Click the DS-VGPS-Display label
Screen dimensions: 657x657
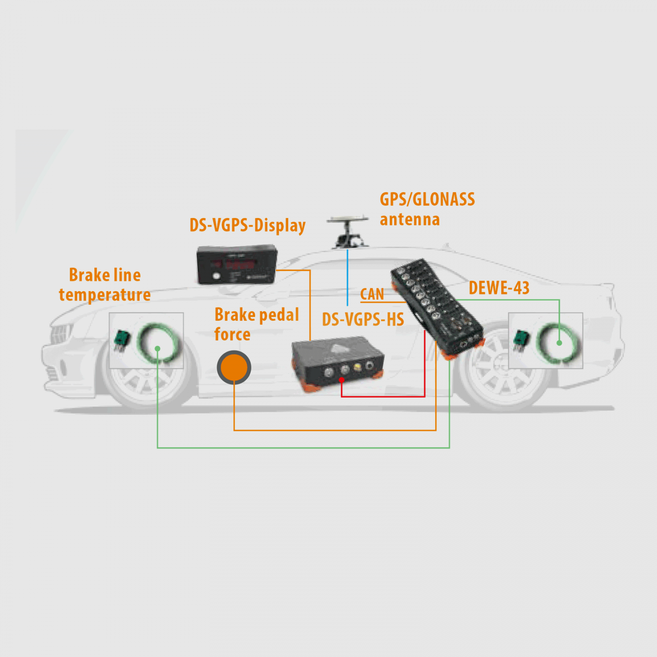(x=248, y=225)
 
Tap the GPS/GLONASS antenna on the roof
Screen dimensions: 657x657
(x=347, y=231)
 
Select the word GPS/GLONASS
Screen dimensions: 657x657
(x=427, y=199)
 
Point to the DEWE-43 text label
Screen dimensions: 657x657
(x=499, y=288)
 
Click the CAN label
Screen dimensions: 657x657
(x=372, y=294)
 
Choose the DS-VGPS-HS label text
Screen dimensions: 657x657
(x=363, y=319)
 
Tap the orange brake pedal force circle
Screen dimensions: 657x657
(x=234, y=367)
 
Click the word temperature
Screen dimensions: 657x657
(x=104, y=295)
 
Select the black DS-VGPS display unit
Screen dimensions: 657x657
(x=237, y=264)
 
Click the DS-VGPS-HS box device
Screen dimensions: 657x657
(x=338, y=364)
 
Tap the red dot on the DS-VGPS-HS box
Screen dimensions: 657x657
(x=341, y=380)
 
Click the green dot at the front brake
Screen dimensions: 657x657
(x=157, y=349)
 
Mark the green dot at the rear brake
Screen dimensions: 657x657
(x=559, y=343)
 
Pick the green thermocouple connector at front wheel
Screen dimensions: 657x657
(x=122, y=339)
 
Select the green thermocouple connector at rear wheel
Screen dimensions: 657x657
(x=521, y=339)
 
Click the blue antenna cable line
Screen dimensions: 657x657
(x=347, y=277)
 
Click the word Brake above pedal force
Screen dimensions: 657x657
(x=235, y=314)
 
